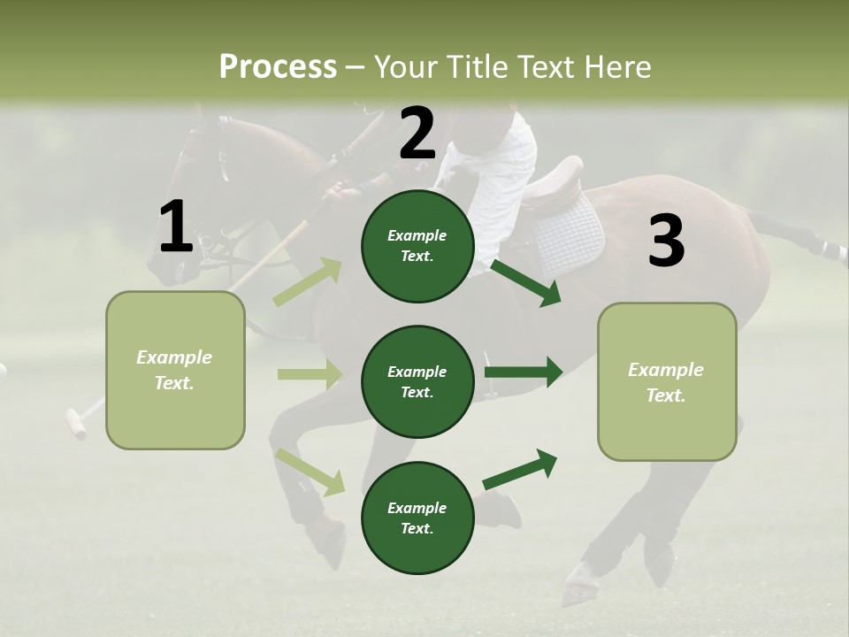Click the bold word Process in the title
click(278, 66)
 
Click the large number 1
click(176, 226)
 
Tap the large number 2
click(417, 134)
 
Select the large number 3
click(666, 241)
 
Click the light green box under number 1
click(175, 370)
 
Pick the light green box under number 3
click(667, 381)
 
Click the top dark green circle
click(417, 246)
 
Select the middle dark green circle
click(417, 381)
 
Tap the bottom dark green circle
click(417, 518)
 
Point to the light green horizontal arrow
click(310, 374)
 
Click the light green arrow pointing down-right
click(310, 471)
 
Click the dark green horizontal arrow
click(523, 372)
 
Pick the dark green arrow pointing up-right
click(520, 470)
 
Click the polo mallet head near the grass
click(77, 424)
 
